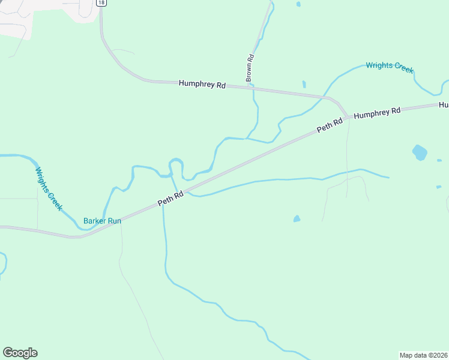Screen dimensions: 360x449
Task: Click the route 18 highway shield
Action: tap(101, 2)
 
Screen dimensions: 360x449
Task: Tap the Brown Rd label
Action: tap(250, 68)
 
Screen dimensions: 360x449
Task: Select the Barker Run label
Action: tap(102, 221)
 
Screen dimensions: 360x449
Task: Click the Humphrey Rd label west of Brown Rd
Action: tap(202, 85)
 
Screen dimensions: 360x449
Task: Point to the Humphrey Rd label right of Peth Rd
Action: tap(376, 112)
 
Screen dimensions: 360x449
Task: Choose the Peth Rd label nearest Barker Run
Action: tap(170, 199)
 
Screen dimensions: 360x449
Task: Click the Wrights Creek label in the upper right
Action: tap(390, 66)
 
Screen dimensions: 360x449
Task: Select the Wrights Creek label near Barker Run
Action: tap(49, 188)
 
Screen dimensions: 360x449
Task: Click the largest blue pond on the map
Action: tap(420, 152)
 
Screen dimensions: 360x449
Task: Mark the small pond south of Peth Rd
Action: tap(297, 219)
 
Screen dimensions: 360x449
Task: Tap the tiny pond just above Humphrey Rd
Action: tap(304, 84)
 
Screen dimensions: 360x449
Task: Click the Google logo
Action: tap(20, 353)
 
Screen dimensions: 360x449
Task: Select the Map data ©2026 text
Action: tap(423, 355)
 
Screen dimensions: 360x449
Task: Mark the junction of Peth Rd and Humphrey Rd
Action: tap(347, 116)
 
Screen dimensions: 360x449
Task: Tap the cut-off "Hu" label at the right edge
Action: tap(444, 105)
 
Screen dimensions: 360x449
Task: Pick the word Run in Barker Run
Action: tap(115, 221)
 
